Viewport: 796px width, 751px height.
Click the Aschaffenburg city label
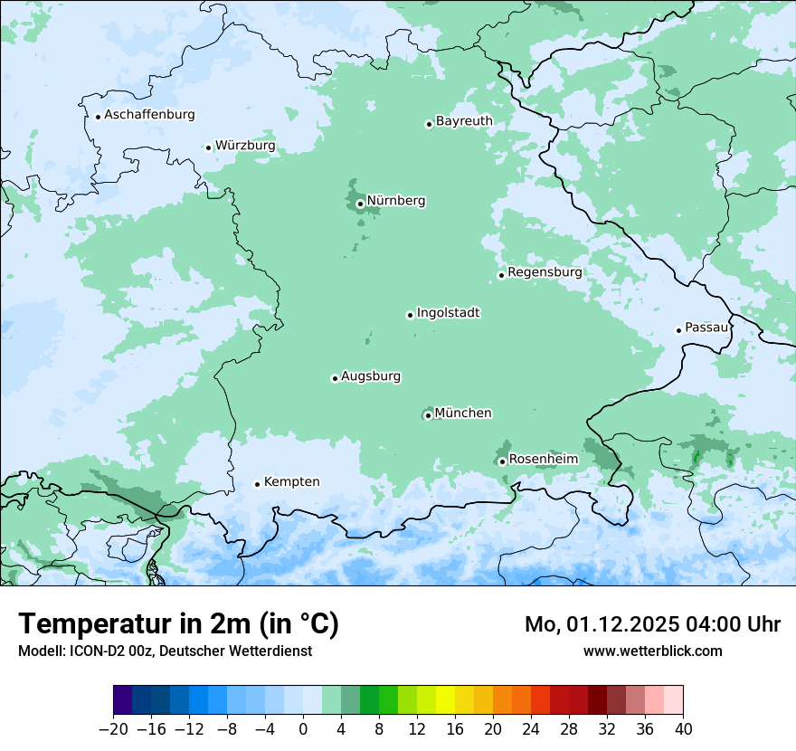[149, 115]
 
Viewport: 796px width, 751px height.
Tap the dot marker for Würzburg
[208, 147]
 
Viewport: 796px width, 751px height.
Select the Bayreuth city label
[464, 120]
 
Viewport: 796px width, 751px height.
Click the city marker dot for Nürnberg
[360, 204]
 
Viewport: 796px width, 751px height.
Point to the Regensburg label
[545, 271]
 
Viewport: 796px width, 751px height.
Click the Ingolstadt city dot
[410, 316]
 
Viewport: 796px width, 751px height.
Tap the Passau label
[706, 328]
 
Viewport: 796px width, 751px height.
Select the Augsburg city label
[371, 376]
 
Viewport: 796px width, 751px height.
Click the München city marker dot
[428, 416]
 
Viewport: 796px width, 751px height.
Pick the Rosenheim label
[543, 459]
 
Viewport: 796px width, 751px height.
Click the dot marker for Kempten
[257, 484]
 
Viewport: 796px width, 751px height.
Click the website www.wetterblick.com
[652, 651]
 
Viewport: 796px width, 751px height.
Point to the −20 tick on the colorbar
[113, 729]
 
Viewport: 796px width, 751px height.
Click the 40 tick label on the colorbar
[683, 729]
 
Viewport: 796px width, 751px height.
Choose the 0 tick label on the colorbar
[303, 729]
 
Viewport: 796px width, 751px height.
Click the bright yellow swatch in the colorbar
[445, 700]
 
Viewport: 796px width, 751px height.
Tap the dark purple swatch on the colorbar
[122, 700]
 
